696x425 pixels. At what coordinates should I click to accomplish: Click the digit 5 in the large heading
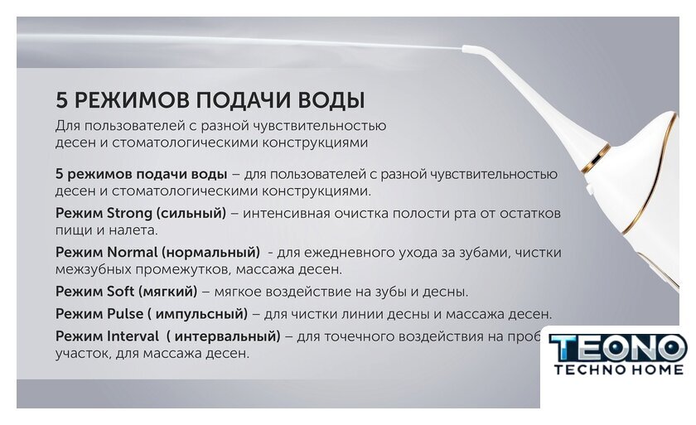coord(61,100)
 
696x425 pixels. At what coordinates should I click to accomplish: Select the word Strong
coord(129,214)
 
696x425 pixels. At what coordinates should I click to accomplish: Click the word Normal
coord(133,253)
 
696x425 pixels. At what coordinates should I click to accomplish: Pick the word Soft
coord(120,292)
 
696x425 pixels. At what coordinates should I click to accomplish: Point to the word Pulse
coord(125,314)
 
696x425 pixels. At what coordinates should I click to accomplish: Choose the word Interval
coord(133,336)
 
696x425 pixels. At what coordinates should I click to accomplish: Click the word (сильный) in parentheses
coord(191,214)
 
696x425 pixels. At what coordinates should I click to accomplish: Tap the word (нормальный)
coord(210,253)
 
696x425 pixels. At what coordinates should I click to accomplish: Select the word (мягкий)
coord(167,292)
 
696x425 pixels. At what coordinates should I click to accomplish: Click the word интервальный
coord(225,336)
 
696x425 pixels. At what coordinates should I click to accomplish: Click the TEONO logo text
coord(617,348)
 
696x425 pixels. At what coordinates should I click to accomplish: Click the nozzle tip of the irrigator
coord(464,48)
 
